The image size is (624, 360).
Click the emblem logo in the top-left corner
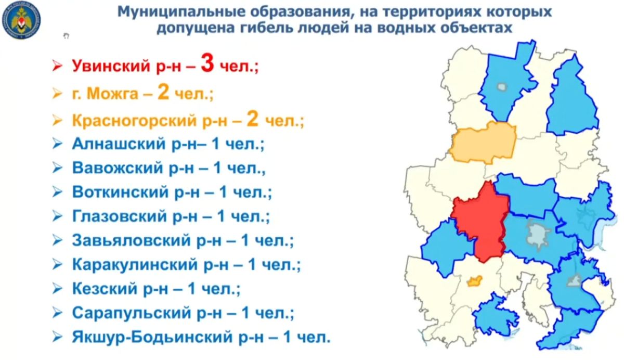[x=21, y=20]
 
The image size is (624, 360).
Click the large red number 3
[x=207, y=63]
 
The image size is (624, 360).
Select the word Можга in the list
[x=112, y=93]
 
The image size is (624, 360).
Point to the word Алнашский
[x=119, y=144]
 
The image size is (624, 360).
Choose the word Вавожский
[x=118, y=168]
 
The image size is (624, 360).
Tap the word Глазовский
[x=119, y=216]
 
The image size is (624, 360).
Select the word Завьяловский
[x=131, y=240]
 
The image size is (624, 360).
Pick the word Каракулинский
[x=135, y=264]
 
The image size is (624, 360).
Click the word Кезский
[x=105, y=289]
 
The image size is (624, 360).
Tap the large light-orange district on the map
[x=483, y=144]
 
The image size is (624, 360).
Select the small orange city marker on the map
[x=474, y=281]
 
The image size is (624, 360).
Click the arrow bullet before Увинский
[x=57, y=66]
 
